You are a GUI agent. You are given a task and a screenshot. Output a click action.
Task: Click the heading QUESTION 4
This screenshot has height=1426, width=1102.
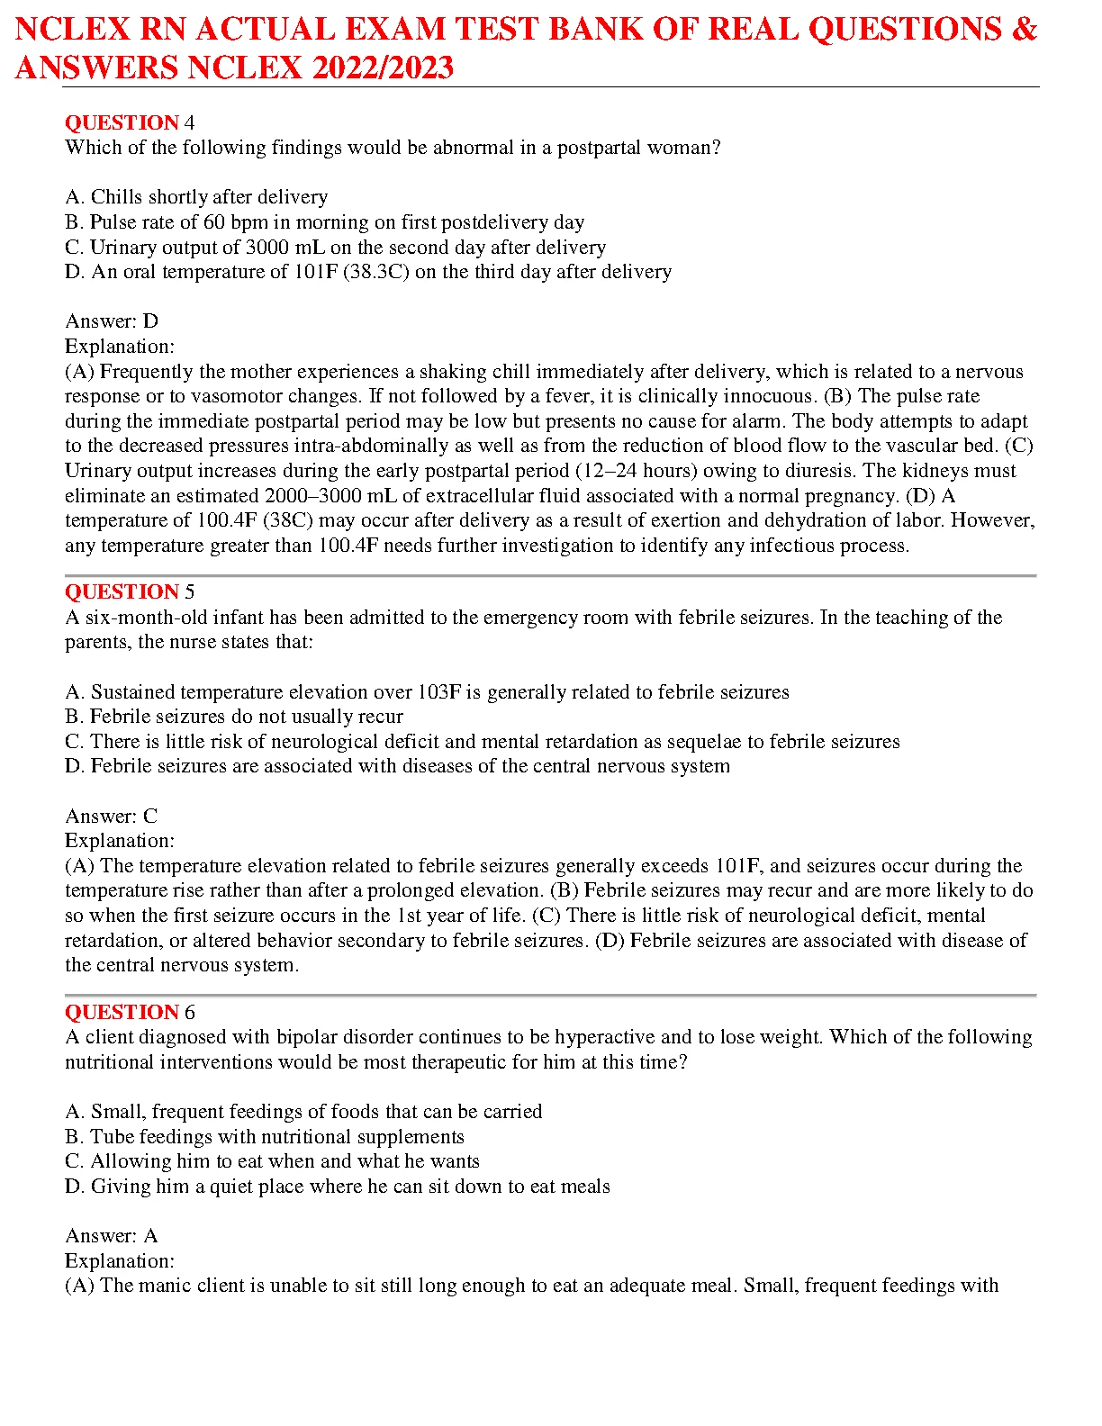click(130, 122)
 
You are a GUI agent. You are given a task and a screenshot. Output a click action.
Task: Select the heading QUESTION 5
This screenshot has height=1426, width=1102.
click(130, 591)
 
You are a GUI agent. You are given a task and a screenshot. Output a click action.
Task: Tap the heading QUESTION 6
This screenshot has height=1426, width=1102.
click(130, 1012)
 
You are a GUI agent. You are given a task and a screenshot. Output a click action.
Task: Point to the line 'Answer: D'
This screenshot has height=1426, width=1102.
click(112, 321)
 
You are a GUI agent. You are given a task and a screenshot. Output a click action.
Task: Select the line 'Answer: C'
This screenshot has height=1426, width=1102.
click(112, 816)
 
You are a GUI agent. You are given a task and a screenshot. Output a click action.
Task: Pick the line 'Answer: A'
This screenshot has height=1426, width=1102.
click(112, 1236)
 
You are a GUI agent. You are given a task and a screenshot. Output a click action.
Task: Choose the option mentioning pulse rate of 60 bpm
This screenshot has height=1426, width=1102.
click(324, 222)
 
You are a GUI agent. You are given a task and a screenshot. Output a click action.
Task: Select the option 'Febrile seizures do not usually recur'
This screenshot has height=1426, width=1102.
click(234, 717)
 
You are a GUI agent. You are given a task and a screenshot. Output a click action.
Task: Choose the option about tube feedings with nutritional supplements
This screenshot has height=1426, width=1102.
click(265, 1137)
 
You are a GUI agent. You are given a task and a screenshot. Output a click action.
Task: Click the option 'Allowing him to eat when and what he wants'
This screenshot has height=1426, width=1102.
click(272, 1161)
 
